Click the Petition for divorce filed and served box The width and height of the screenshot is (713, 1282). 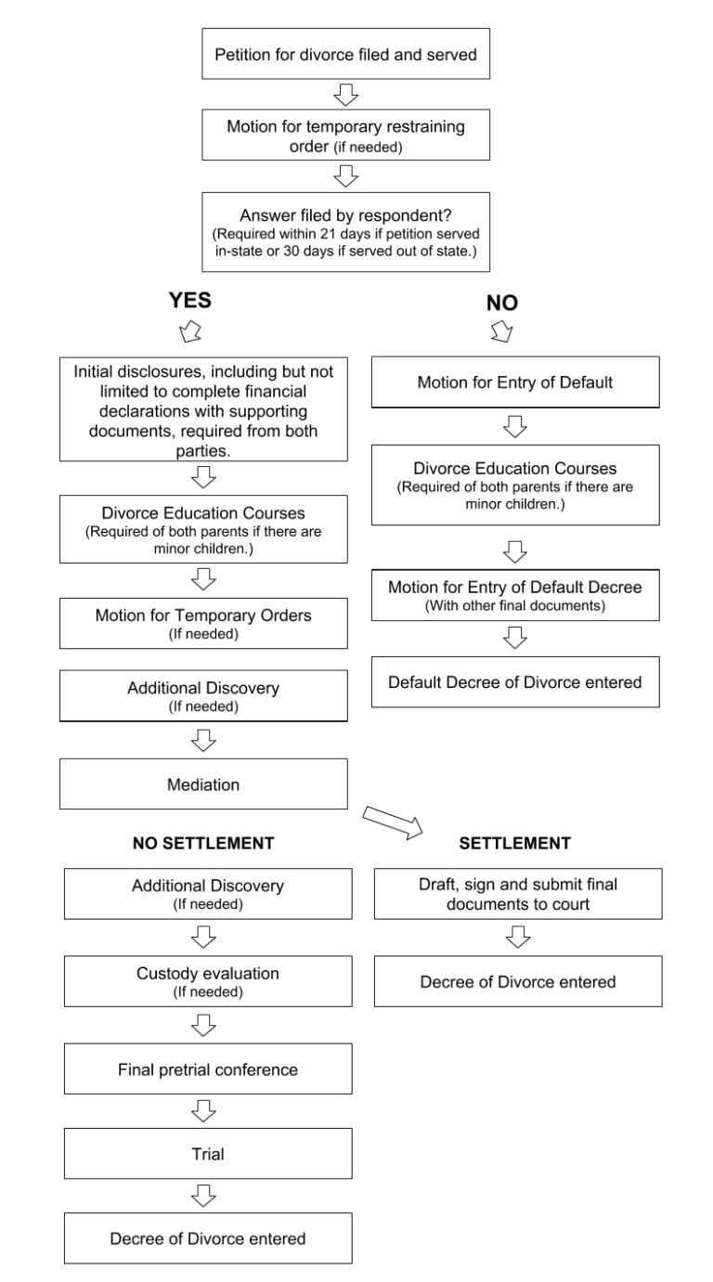345,54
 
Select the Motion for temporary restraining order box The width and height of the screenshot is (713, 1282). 345,136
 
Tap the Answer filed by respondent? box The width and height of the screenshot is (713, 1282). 345,232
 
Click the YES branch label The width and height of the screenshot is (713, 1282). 189,300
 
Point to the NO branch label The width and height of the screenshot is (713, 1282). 502,303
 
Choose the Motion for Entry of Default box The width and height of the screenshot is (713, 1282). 515,382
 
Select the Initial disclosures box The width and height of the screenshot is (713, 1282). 203,409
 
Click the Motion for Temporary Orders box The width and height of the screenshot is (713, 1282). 203,623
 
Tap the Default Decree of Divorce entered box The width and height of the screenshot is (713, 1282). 515,682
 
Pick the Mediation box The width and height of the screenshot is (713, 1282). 203,784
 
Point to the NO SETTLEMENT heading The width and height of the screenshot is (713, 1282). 203,843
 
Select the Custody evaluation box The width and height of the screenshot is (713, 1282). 208,981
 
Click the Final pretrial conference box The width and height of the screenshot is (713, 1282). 208,1069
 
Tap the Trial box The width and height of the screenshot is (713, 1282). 208,1154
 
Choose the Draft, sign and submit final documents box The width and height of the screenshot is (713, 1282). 518,894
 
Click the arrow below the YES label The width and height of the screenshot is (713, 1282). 190,330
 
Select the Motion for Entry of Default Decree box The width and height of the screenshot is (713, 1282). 515,595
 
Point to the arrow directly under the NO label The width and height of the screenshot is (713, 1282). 501,330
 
